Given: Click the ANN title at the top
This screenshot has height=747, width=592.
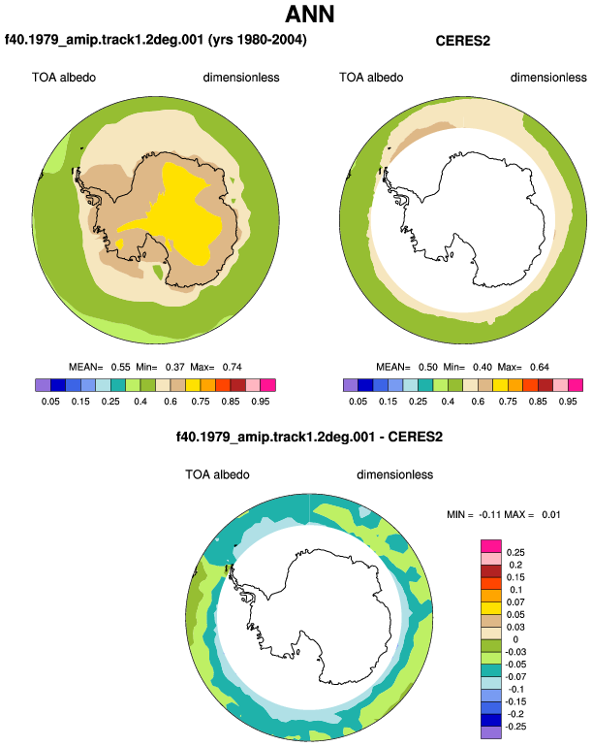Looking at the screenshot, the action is coord(309,14).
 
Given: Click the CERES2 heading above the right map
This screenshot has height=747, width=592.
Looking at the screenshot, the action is coord(462,41).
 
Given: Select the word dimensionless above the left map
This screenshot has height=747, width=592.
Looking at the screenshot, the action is coord(241,78).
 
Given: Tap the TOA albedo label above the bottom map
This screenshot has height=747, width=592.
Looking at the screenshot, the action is coord(217,474).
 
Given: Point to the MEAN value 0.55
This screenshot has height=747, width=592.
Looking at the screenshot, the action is coord(120,367).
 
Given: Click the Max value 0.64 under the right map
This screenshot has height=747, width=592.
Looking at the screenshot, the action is coord(540,367).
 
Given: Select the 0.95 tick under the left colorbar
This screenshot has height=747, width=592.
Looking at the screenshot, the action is coord(261,401).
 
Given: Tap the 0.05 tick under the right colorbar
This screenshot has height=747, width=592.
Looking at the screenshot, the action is coord(358,401).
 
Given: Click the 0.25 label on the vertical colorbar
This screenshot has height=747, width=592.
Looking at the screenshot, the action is coord(515,552).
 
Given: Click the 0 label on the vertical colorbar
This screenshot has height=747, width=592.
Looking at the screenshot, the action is coord(515,639).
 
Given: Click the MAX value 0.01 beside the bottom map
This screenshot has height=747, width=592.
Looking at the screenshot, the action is coord(551,514).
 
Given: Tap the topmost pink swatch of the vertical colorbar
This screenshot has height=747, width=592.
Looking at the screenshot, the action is coord(491,546).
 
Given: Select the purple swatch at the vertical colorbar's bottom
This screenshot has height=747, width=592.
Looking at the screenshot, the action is coord(491,732).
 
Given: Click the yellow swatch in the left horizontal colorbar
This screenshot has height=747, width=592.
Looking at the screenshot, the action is coord(193,385).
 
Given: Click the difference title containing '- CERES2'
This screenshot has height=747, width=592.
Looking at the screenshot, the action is coord(309,437).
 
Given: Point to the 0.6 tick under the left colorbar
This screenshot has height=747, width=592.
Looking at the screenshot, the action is coord(171,401).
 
